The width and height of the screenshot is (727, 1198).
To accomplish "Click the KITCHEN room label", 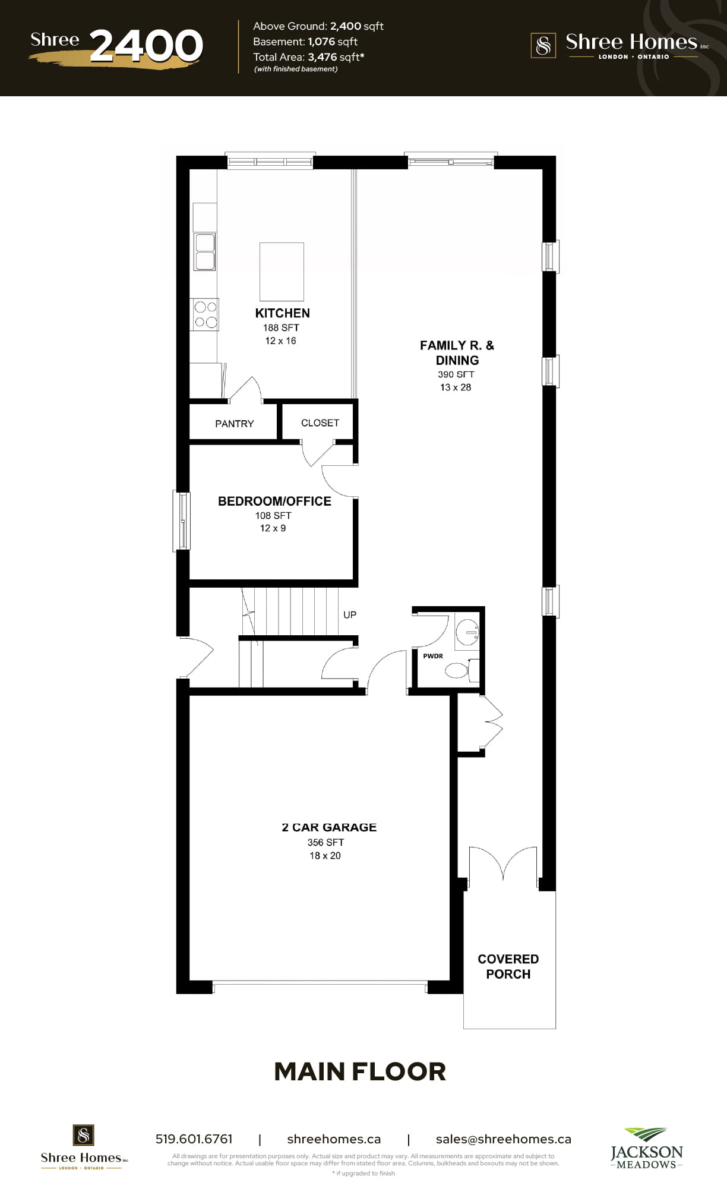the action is [282, 313].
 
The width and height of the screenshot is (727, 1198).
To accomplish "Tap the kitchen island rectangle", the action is [282, 272].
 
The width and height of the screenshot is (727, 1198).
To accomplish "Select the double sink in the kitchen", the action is [205, 251].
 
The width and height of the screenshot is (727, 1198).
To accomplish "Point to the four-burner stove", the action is [206, 314].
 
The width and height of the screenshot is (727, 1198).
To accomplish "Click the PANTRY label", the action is [234, 424].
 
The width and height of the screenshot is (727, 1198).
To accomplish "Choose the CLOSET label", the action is [320, 423].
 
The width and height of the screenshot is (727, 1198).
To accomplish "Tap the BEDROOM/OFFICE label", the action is [274, 501].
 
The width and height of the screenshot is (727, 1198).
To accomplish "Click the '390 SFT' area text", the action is [456, 374].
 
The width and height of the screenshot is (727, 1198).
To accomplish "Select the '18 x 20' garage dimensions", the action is [325, 856].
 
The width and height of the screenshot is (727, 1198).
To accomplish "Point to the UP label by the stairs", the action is [350, 614].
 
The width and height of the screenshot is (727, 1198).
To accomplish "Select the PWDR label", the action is [433, 656].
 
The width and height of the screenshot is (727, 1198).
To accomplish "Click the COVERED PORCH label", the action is [508, 966].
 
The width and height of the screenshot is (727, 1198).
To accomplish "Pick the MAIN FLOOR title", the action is [360, 1071].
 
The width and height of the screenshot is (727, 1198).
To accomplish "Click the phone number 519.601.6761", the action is [194, 1139].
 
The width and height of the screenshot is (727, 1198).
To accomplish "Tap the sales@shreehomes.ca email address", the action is [504, 1139].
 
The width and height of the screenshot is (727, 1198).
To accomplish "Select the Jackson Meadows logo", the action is [647, 1148].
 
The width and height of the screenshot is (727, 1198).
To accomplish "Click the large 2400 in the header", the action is [147, 46].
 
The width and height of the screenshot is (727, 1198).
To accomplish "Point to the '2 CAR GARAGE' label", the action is [329, 827].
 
